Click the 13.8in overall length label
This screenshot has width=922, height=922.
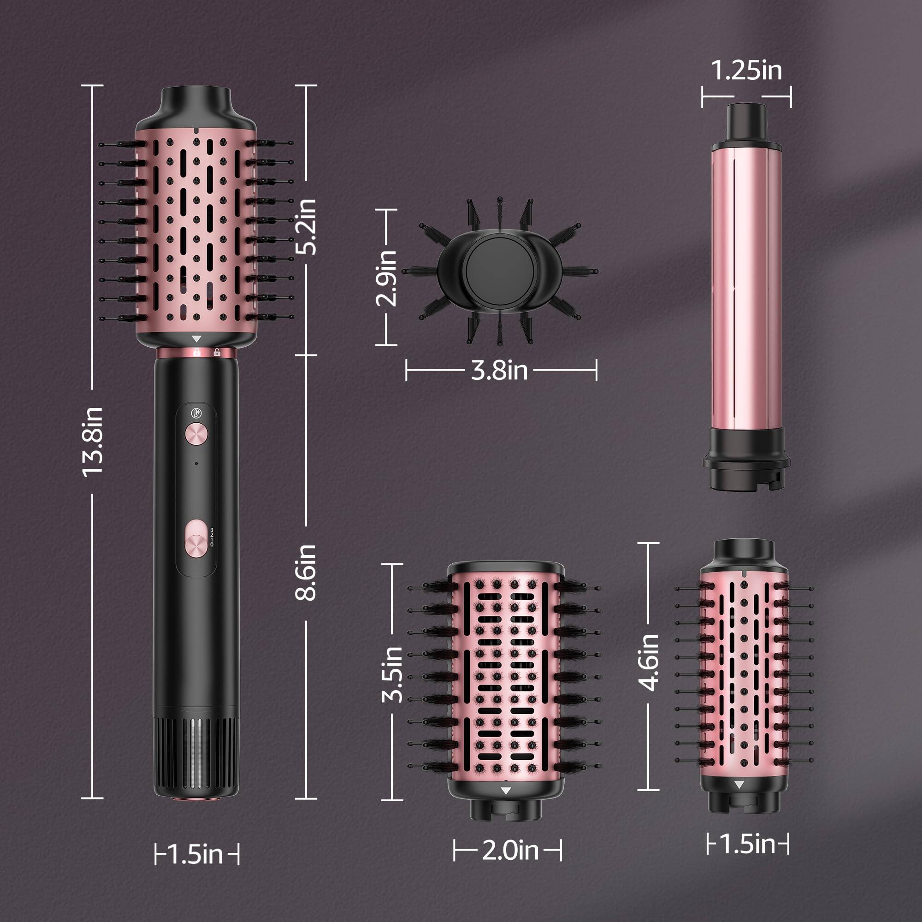click(x=93, y=442)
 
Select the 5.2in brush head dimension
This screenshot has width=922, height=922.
click(x=306, y=226)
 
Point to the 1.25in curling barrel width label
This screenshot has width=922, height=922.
click(x=746, y=71)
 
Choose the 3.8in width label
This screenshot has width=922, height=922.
click(x=499, y=370)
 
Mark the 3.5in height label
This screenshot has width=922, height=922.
click(x=393, y=674)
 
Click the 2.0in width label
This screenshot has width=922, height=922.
click(x=510, y=850)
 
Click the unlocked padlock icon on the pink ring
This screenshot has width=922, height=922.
click(x=217, y=353)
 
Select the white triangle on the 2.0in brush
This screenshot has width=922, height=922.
click(x=506, y=791)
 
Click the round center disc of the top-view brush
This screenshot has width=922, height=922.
click(x=496, y=268)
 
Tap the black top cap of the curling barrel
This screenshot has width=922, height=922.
click(x=747, y=123)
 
